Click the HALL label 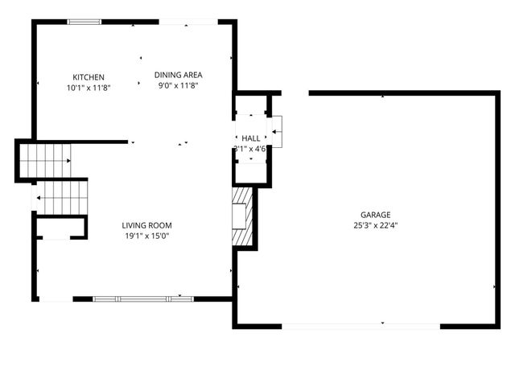(251, 138)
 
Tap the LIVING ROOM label (147, 225)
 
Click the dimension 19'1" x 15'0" (147, 236)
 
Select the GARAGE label (375, 215)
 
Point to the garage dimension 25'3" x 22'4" (375, 225)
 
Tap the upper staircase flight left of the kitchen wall (45, 161)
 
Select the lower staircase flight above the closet (63, 197)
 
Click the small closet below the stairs (55, 229)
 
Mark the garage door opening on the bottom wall (360, 326)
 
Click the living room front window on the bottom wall (142, 299)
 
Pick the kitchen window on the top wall (80, 22)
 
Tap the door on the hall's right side (276, 127)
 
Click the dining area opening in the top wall (187, 22)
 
